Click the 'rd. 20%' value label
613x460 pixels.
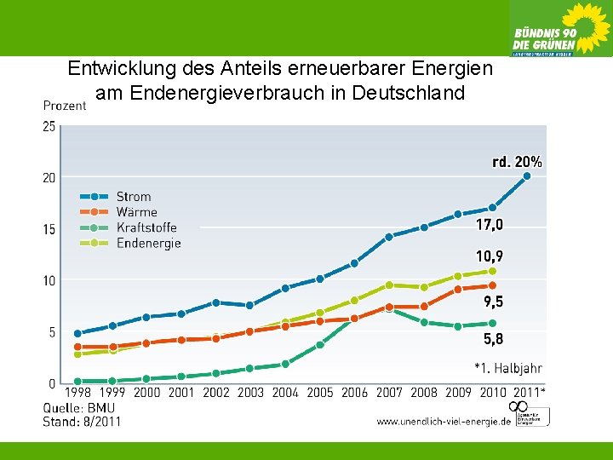pos(517,161)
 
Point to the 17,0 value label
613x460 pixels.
pos(490,225)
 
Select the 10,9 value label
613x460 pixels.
pos(490,256)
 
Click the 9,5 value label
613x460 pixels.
pos(494,302)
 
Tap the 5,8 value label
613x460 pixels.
pos(494,338)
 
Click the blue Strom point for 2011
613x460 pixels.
pos(527,176)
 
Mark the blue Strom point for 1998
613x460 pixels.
pos(78,333)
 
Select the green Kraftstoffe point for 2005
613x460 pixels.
pos(320,345)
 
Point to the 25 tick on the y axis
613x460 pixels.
pos(49,126)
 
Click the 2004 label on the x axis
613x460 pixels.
pos(285,393)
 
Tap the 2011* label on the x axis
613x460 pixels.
pos(530,393)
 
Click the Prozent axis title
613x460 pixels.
pos(64,106)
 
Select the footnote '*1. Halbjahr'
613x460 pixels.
pos(507,368)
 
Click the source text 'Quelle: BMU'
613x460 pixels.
pos(77,407)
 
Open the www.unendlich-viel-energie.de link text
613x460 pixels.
pos(443,421)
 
